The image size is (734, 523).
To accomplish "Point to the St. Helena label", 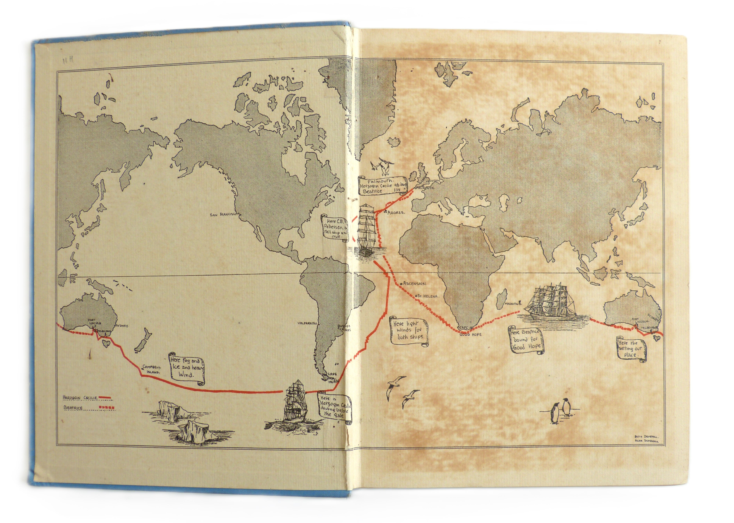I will [x=427, y=296].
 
